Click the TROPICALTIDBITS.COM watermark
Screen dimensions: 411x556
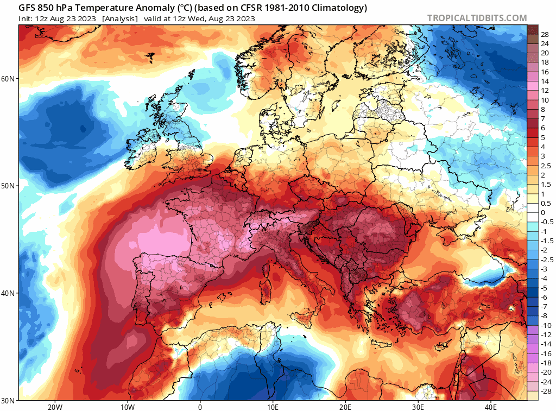[x=477, y=18]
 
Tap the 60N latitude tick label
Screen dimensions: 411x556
[x=8, y=79]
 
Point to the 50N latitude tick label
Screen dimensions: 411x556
[x=8, y=186]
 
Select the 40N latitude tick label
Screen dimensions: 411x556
[x=8, y=293]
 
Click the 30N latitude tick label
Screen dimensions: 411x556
[x=8, y=400]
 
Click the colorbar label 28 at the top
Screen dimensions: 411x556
[x=545, y=34]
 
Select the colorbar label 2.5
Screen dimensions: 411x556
[x=546, y=166]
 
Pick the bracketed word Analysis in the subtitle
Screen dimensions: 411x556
[x=119, y=18]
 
